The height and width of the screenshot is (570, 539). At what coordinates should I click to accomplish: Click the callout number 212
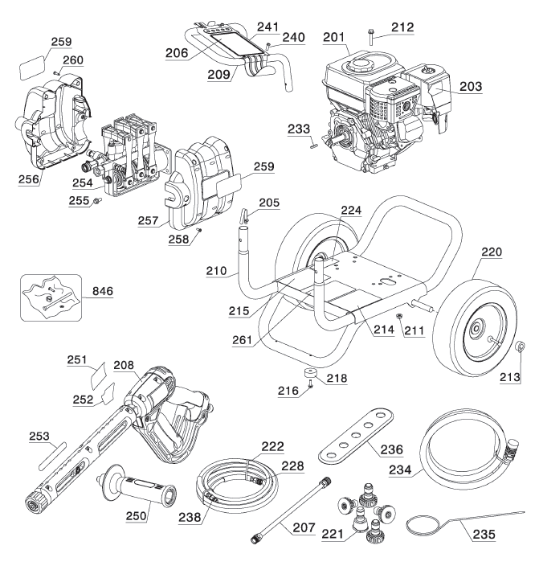(402, 27)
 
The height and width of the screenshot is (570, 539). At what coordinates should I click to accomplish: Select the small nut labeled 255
(95, 201)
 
